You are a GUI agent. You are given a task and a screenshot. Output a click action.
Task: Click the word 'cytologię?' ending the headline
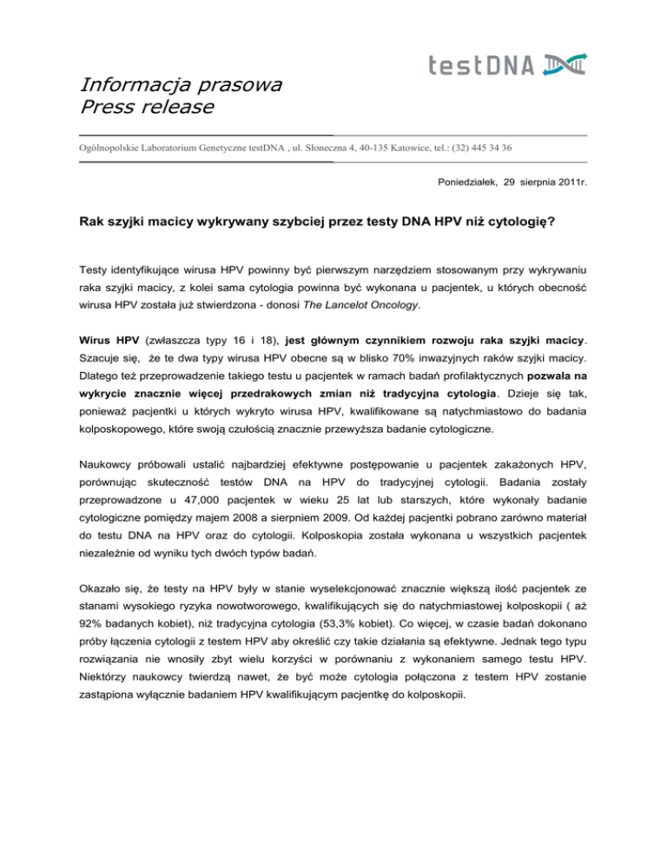coord(513,223)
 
